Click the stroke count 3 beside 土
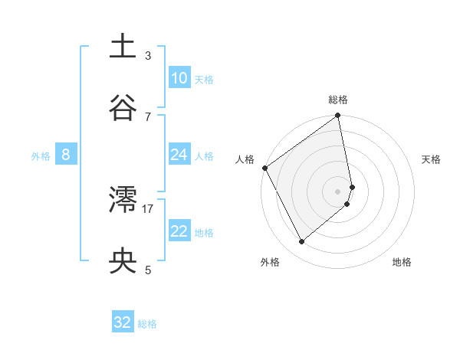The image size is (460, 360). click(148, 55)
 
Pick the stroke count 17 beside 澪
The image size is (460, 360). click(148, 208)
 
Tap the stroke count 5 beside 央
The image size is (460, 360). click(148, 270)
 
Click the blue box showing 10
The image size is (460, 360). click(179, 78)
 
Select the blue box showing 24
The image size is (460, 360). click(179, 155)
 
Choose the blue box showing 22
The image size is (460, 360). click(179, 231)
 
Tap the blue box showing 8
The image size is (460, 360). click(65, 155)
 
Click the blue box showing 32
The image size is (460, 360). click(123, 322)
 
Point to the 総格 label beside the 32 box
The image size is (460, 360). click(147, 324)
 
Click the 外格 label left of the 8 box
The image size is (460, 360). click(41, 156)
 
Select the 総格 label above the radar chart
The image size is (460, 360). click(338, 100)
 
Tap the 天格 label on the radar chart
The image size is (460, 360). click(432, 159)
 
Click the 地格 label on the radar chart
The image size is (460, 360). click(402, 262)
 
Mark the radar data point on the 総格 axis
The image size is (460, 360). click(338, 116)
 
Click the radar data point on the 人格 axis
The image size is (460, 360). click(264, 168)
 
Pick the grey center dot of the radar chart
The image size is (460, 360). click(338, 191)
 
